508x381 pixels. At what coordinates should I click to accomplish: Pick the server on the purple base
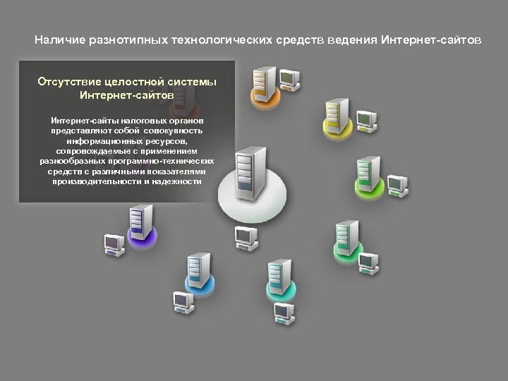click(141, 220)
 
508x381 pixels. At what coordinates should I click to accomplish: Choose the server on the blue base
click(198, 270)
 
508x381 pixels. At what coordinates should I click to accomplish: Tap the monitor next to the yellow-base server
click(365, 120)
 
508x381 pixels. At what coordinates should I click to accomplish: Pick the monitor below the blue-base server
click(183, 301)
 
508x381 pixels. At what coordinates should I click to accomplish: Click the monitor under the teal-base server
click(284, 312)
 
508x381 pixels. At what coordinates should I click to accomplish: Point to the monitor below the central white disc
click(246, 237)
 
